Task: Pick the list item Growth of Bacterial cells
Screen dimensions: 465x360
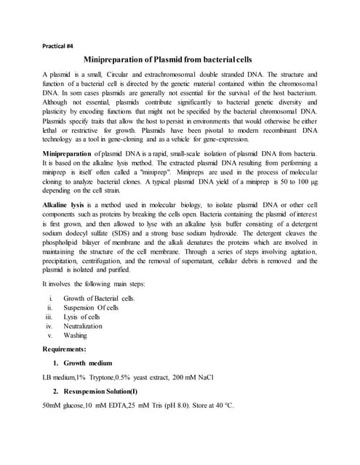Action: click(99, 319)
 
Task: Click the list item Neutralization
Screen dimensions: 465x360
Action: click(83, 346)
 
